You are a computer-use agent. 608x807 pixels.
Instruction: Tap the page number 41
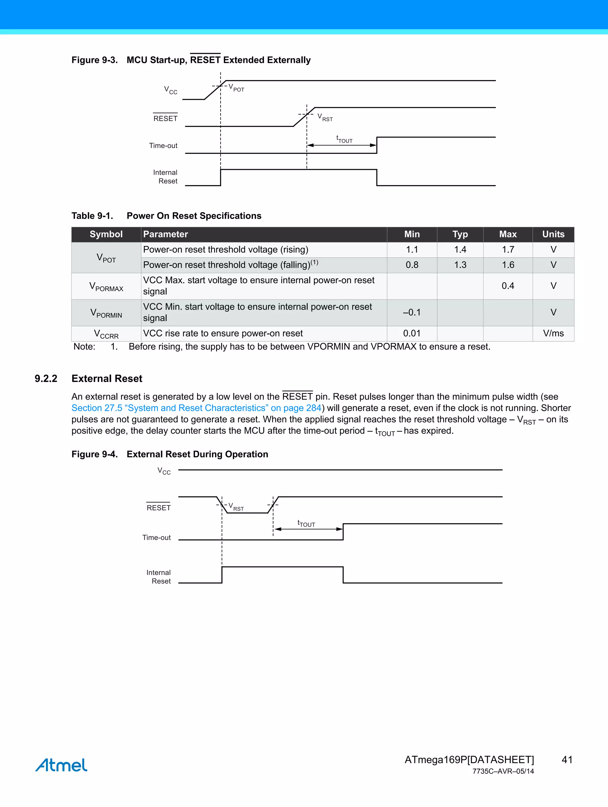pyautogui.click(x=567, y=760)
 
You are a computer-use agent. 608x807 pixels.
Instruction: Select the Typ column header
pyautogui.click(x=460, y=234)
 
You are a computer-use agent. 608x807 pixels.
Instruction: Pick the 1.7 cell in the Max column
pyautogui.click(x=508, y=250)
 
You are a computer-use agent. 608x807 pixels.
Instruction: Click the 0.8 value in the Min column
pyautogui.click(x=412, y=265)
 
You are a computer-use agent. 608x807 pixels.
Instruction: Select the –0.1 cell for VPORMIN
pyautogui.click(x=412, y=312)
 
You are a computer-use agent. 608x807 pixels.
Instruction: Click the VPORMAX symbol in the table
pyautogui.click(x=106, y=286)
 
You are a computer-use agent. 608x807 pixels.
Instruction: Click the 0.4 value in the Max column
pyautogui.click(x=508, y=286)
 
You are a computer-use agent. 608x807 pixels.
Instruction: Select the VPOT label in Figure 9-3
pyautogui.click(x=236, y=88)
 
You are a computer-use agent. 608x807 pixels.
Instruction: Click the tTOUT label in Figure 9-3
pyautogui.click(x=344, y=139)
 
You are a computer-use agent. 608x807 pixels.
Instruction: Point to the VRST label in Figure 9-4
pyautogui.click(x=236, y=507)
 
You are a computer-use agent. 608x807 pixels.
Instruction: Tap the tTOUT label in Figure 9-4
pyautogui.click(x=306, y=524)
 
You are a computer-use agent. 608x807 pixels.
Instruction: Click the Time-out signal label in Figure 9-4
pyautogui.click(x=156, y=538)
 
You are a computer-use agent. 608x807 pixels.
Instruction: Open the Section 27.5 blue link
pyautogui.click(x=196, y=408)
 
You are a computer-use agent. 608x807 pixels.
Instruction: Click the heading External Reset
pyautogui.click(x=107, y=379)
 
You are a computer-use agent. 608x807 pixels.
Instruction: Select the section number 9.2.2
pyautogui.click(x=46, y=379)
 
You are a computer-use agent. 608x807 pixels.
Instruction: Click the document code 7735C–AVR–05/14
pyautogui.click(x=503, y=771)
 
